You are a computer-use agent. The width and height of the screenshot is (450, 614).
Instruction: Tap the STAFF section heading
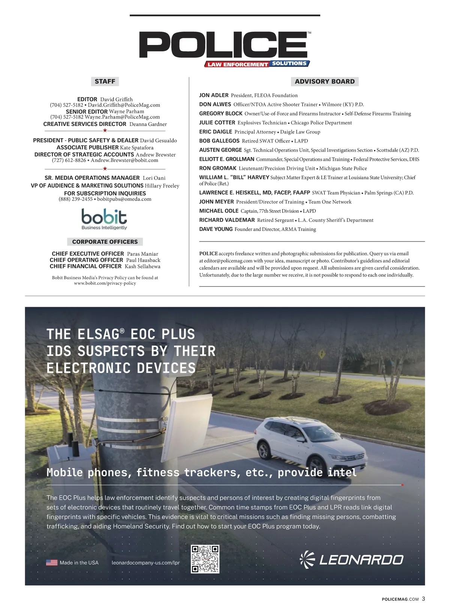click(x=105, y=81)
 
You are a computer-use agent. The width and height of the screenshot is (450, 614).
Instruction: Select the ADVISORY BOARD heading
click(x=324, y=81)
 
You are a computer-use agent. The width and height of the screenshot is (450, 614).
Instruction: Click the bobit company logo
click(x=104, y=219)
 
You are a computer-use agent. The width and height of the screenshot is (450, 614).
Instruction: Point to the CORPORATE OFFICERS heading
click(x=105, y=242)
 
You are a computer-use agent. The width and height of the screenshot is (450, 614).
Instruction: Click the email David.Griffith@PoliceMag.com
click(x=124, y=105)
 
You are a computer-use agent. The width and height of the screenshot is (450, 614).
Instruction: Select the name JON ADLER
click(x=214, y=95)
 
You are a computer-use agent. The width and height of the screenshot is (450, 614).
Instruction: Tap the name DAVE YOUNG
click(x=216, y=229)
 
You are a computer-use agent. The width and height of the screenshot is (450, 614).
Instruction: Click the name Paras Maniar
click(x=142, y=254)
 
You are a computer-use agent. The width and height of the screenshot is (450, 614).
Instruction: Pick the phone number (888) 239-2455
click(x=75, y=199)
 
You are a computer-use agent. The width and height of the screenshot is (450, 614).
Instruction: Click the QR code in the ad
click(x=205, y=559)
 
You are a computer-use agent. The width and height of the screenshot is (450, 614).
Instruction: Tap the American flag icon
click(x=52, y=563)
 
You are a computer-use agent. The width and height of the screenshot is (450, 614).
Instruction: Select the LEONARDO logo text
click(x=361, y=560)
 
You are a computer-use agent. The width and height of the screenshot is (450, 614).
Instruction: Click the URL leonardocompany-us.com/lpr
click(x=146, y=563)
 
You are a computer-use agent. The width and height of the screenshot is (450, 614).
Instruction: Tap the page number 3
click(x=423, y=599)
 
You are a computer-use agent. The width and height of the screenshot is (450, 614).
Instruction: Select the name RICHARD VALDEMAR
click(x=227, y=220)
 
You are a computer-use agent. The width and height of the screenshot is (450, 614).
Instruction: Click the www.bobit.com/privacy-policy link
click(x=105, y=283)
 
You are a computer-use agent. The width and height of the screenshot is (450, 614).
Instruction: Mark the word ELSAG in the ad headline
click(x=98, y=334)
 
